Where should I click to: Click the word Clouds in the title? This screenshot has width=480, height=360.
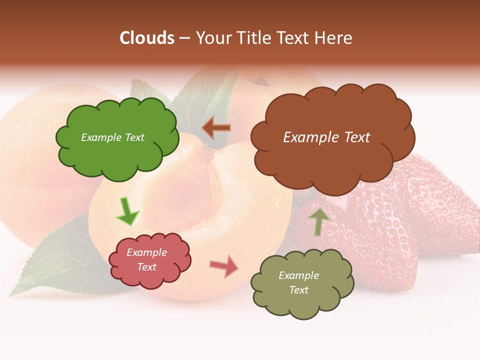click(147, 38)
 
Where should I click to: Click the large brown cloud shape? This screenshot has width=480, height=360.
click(332, 160)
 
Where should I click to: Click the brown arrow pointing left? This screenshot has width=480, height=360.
click(216, 128)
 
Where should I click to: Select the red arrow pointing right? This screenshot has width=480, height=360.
click(224, 266)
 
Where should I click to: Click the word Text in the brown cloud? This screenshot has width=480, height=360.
click(357, 137)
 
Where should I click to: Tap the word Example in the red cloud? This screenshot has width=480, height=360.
click(146, 252)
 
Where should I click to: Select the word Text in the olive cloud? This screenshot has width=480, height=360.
click(298, 290)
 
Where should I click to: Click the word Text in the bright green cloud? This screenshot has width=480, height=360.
click(134, 137)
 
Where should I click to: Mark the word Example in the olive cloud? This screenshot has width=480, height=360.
click(298, 275)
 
